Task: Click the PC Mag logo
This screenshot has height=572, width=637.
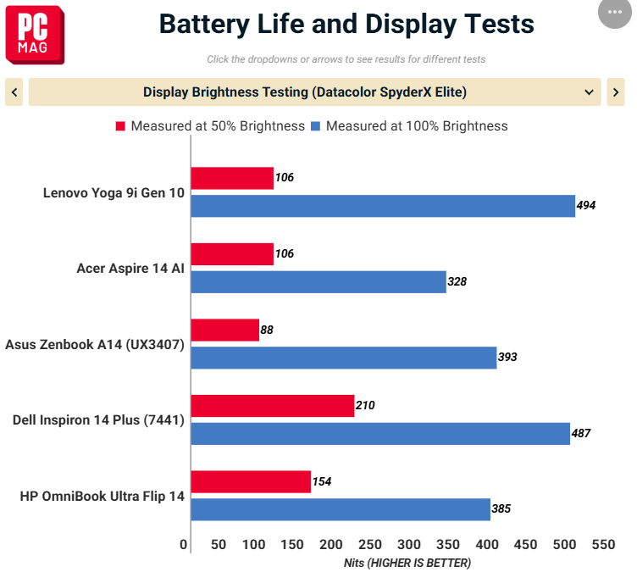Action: click(x=35, y=35)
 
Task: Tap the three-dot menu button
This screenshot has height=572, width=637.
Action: click(x=615, y=12)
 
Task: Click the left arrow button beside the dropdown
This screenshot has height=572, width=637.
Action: click(x=14, y=92)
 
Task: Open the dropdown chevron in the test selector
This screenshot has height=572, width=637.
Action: click(x=589, y=92)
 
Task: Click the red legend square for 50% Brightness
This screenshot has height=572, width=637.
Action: click(x=120, y=126)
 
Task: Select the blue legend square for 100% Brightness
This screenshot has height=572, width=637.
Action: click(x=315, y=126)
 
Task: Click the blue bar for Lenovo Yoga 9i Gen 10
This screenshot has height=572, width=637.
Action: click(x=383, y=206)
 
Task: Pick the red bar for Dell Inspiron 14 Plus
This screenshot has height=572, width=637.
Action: click(x=273, y=406)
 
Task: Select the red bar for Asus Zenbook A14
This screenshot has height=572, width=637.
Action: click(x=225, y=330)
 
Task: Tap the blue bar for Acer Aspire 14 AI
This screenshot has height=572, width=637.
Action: click(x=318, y=282)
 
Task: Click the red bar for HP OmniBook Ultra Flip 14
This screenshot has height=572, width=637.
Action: click(x=251, y=481)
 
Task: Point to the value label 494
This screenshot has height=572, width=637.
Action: click(x=586, y=205)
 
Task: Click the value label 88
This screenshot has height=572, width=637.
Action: click(x=267, y=330)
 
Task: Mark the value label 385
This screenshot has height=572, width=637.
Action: click(x=501, y=508)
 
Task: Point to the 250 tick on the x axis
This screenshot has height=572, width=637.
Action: click(x=369, y=544)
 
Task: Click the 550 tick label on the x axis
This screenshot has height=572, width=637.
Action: click(x=603, y=544)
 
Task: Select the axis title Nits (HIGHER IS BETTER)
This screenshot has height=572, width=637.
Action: click(x=407, y=563)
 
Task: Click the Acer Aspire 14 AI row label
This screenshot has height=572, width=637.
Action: click(x=130, y=269)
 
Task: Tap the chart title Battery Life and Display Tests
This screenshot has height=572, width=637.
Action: click(x=346, y=24)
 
